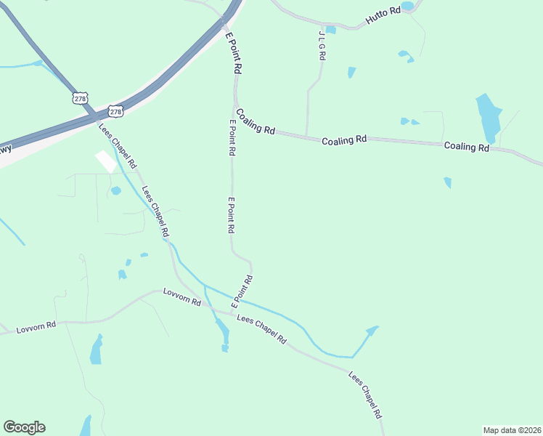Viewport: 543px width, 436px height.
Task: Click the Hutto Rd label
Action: [x=383, y=18]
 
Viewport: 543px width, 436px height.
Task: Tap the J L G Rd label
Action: [x=322, y=45]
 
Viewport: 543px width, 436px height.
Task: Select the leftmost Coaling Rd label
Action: [x=256, y=124]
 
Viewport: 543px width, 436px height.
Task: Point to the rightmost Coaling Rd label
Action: [x=467, y=146]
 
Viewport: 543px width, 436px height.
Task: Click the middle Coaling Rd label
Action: [x=344, y=140]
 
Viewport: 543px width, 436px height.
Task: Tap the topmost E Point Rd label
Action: [x=232, y=53]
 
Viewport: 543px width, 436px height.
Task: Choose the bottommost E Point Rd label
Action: [x=242, y=291]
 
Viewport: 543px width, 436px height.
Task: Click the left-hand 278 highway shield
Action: [x=80, y=98]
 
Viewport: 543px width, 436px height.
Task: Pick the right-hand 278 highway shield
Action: [x=115, y=111]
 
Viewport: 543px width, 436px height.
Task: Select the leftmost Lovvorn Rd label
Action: [x=36, y=328]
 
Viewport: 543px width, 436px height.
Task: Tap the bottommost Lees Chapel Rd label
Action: [x=365, y=396]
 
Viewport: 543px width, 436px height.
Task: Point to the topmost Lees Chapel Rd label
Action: [x=118, y=146]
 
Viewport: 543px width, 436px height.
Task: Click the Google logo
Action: [x=24, y=427]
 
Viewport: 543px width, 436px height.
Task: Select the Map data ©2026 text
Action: [x=512, y=430]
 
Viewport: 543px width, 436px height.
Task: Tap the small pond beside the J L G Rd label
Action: [x=331, y=30]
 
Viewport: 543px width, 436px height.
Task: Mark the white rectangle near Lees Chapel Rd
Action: [x=106, y=161]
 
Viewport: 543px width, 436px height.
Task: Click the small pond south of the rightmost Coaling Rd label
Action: [x=448, y=182]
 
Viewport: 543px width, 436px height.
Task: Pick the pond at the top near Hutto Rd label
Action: [x=407, y=6]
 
